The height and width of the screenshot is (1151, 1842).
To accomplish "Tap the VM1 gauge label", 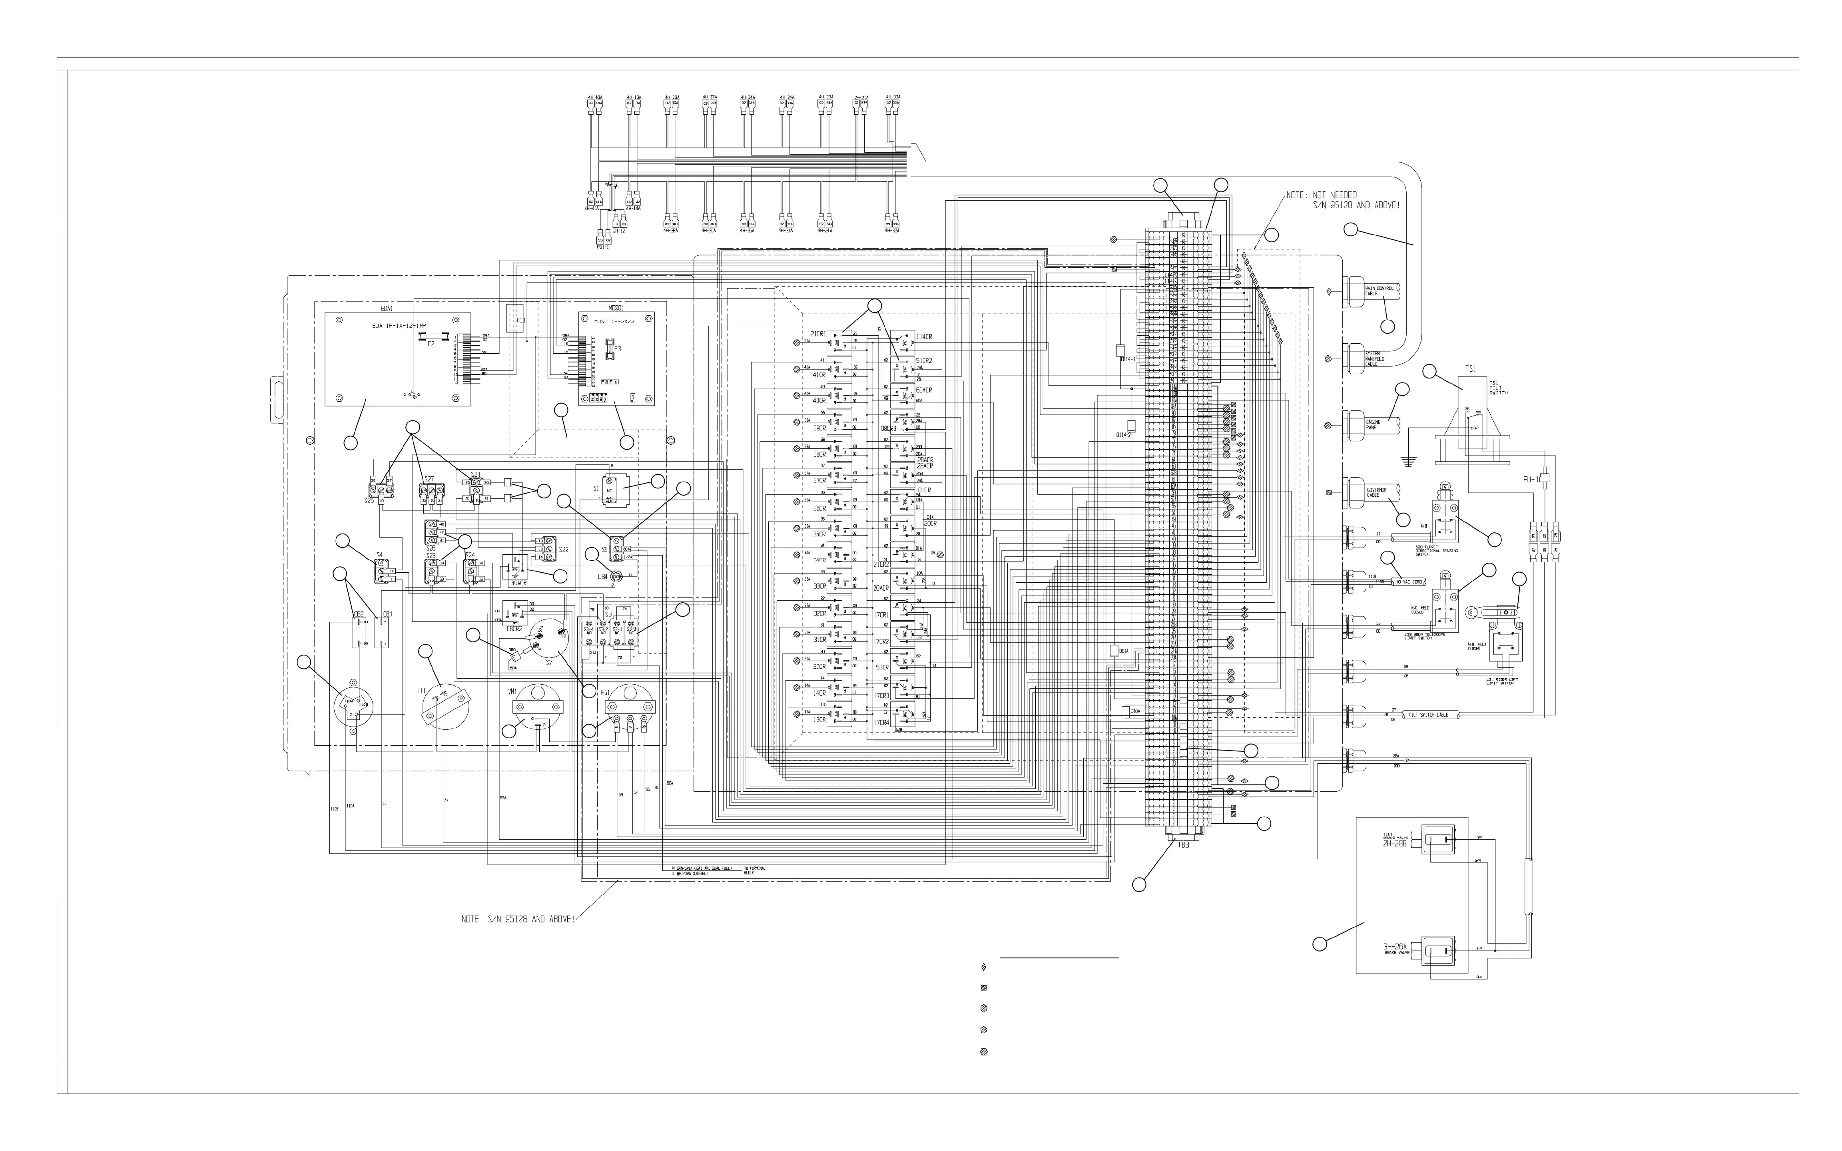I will pos(512,691).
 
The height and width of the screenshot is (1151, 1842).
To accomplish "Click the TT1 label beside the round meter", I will pos(420,690).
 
